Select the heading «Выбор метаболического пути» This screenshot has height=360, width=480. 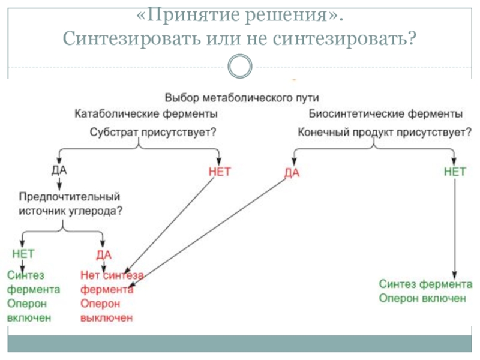pyautogui.click(x=242, y=98)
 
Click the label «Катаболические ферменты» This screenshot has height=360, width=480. pyautogui.click(x=146, y=113)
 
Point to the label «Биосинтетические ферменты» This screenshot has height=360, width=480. pyautogui.click(x=385, y=113)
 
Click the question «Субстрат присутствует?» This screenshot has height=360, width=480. pyautogui.click(x=153, y=132)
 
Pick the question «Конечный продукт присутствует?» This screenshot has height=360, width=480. pyautogui.click(x=385, y=132)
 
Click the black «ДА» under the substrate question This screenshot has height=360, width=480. pyautogui.click(x=59, y=170)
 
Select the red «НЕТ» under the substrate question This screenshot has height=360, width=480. pyautogui.click(x=220, y=172)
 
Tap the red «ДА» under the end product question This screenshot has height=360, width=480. pyautogui.click(x=292, y=173)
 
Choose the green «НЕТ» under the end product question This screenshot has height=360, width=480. pyautogui.click(x=455, y=172)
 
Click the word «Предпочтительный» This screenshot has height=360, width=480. pyautogui.click(x=70, y=197)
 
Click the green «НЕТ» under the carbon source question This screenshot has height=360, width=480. pyautogui.click(x=23, y=253)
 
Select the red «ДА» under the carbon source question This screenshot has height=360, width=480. pyautogui.click(x=104, y=254)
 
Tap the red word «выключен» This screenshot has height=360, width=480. pyautogui.click(x=107, y=318)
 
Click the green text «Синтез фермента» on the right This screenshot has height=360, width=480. pyautogui.click(x=425, y=284)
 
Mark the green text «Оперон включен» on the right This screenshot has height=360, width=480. pyautogui.click(x=422, y=298)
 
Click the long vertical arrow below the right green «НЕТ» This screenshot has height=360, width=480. pyautogui.click(x=455, y=229)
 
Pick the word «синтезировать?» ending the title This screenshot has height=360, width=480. pyautogui.click(x=344, y=39)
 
